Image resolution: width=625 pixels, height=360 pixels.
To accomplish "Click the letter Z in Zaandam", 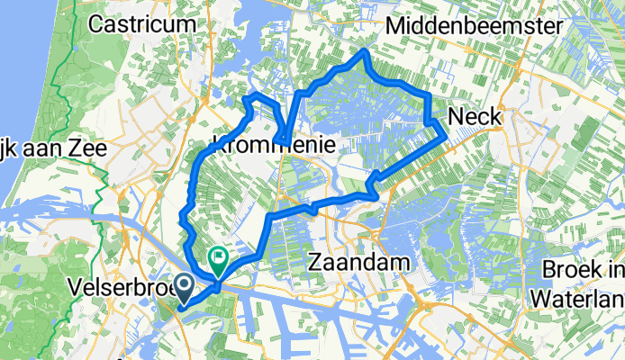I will pyautogui.click(x=315, y=262).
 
